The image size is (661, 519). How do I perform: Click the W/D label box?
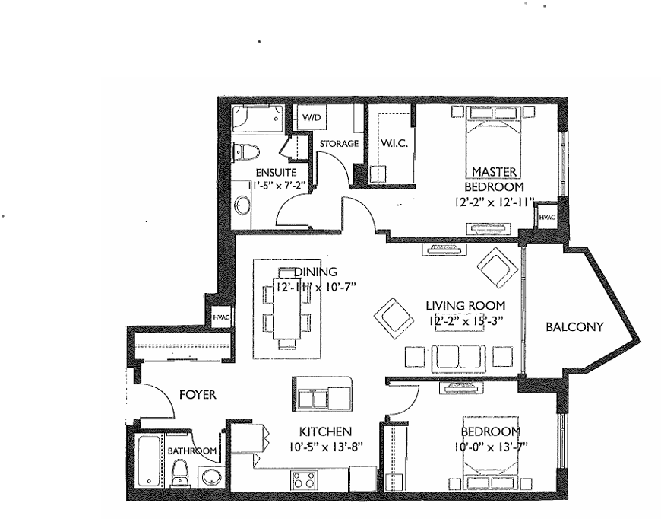click(312, 117)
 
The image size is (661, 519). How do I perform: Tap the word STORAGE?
click(339, 144)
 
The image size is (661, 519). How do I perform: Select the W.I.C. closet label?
click(394, 143)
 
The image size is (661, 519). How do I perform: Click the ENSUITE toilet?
click(245, 151)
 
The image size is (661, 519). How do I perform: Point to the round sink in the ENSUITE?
click(242, 205)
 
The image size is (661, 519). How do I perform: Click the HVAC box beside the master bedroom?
click(547, 218)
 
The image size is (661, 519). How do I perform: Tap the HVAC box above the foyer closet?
click(221, 317)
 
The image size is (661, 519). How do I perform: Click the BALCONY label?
click(574, 327)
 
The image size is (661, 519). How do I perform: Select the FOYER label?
click(198, 395)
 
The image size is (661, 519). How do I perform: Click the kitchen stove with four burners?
click(303, 479)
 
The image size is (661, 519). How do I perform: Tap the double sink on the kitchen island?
click(312, 398)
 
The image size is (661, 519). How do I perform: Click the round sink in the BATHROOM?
click(210, 478)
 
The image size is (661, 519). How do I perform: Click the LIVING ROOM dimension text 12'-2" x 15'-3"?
click(466, 320)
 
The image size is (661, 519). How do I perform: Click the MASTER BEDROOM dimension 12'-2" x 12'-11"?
click(495, 202)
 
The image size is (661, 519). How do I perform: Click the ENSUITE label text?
click(276, 172)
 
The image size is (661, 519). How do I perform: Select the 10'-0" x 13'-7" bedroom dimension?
click(491, 447)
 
